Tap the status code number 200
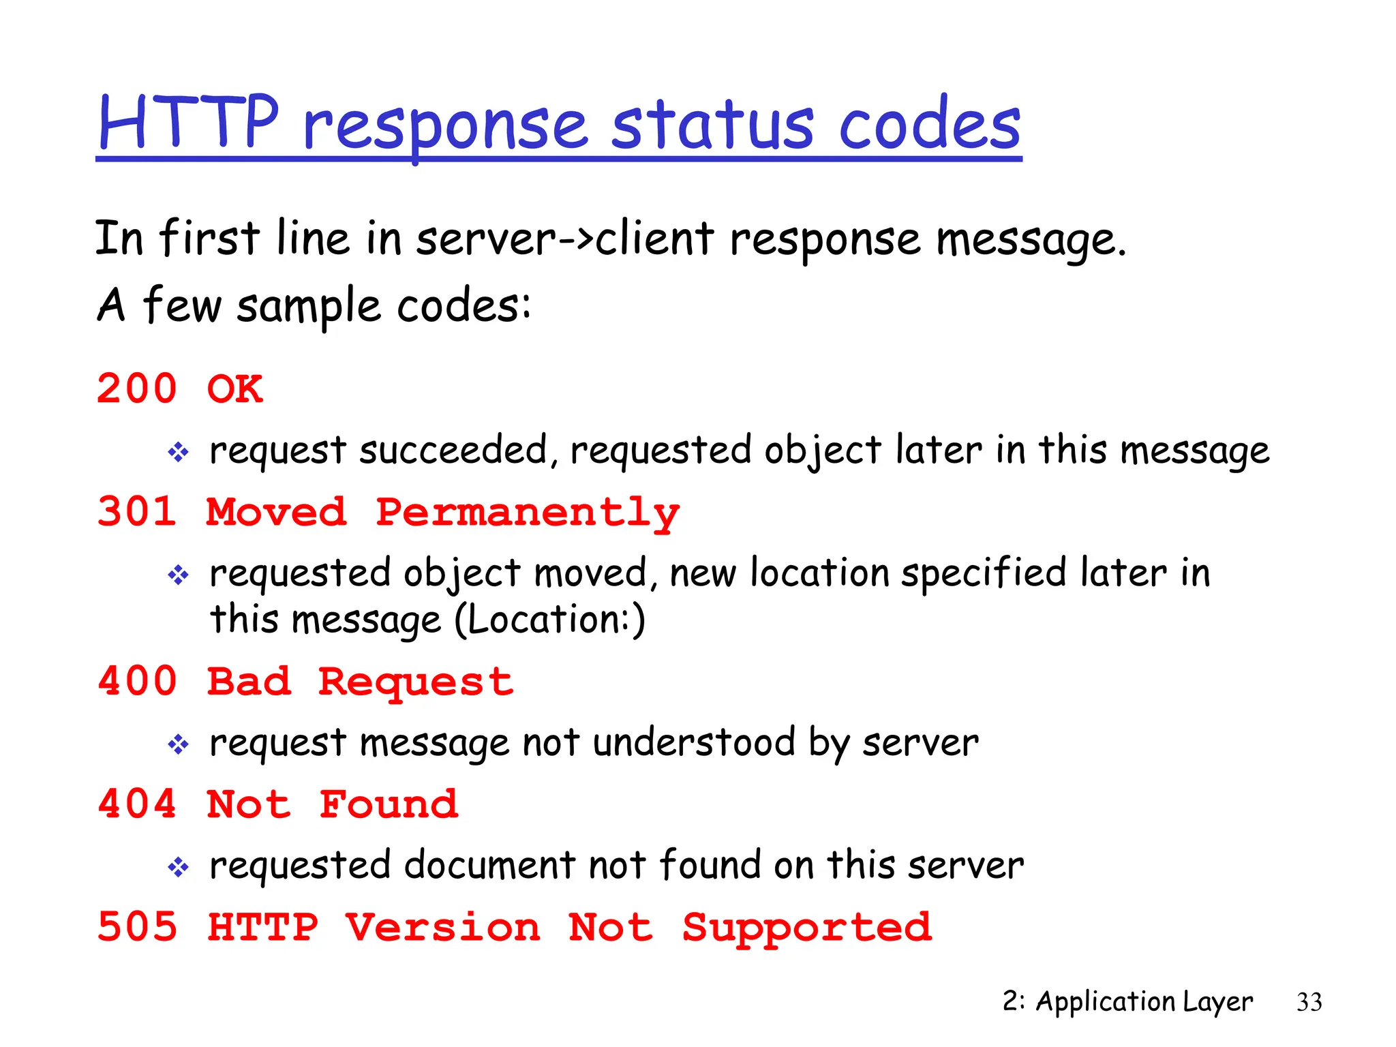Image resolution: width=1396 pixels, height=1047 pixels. click(x=137, y=389)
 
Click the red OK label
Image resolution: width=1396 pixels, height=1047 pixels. click(x=235, y=389)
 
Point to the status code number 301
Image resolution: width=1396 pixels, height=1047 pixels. click(x=137, y=512)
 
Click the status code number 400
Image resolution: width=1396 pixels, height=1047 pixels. click(x=137, y=682)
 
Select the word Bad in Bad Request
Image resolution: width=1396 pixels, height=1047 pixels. click(x=249, y=682)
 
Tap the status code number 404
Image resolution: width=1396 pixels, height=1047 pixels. click(x=137, y=804)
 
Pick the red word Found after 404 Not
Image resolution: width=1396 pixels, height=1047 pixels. click(x=389, y=804)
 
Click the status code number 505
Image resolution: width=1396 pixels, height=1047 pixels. click(x=137, y=928)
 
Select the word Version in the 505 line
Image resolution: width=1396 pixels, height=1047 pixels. click(x=443, y=928)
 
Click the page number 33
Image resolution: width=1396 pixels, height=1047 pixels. click(x=1309, y=1002)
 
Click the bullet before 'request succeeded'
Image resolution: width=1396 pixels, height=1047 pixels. click(x=179, y=452)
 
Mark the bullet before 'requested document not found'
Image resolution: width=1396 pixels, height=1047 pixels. click(x=179, y=867)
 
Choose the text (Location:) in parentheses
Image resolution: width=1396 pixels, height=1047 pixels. click(x=549, y=620)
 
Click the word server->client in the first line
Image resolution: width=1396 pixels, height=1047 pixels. click(x=565, y=239)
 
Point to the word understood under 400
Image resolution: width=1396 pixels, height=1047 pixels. click(x=694, y=742)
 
